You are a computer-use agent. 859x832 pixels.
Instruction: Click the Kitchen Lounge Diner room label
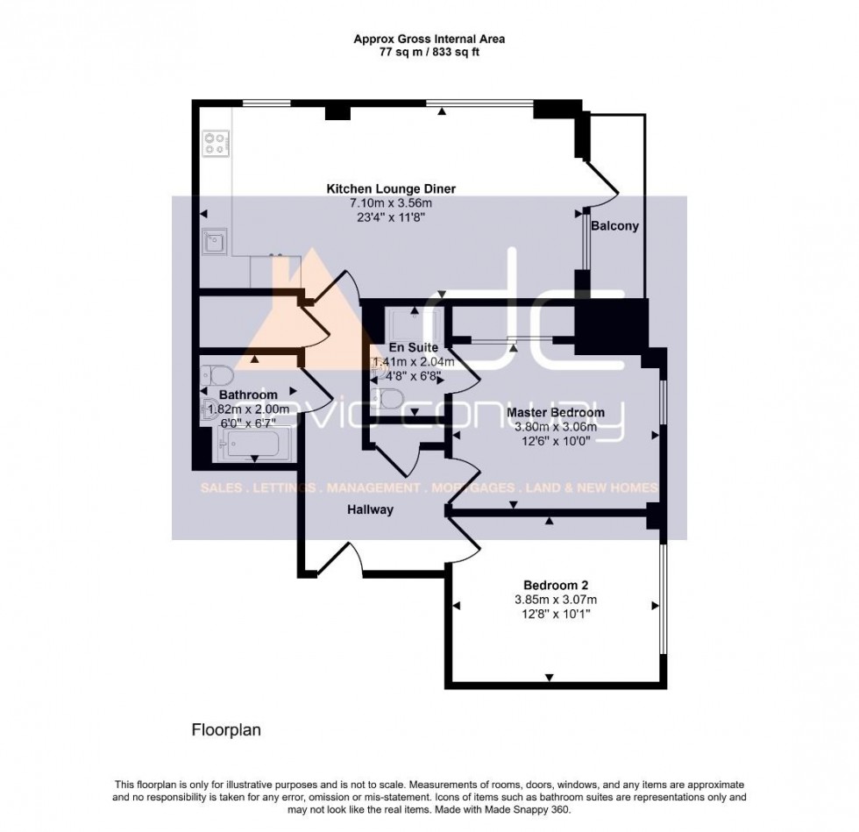point(391,188)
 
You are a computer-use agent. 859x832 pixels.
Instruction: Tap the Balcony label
point(614,225)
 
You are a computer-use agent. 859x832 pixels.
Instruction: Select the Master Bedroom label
point(555,412)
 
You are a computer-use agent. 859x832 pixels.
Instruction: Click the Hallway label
point(368,509)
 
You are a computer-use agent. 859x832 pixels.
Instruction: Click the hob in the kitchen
point(216,143)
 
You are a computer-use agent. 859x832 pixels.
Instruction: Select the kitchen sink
point(215,240)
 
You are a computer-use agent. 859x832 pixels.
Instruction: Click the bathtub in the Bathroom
point(250,444)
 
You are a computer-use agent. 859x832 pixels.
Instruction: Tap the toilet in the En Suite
point(388,399)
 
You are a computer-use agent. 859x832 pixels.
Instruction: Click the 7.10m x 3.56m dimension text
point(391,203)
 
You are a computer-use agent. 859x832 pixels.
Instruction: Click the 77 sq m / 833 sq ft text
point(429,53)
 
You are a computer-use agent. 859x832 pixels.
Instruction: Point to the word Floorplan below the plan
point(226,729)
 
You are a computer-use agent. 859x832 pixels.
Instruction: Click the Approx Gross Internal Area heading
point(429,39)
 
